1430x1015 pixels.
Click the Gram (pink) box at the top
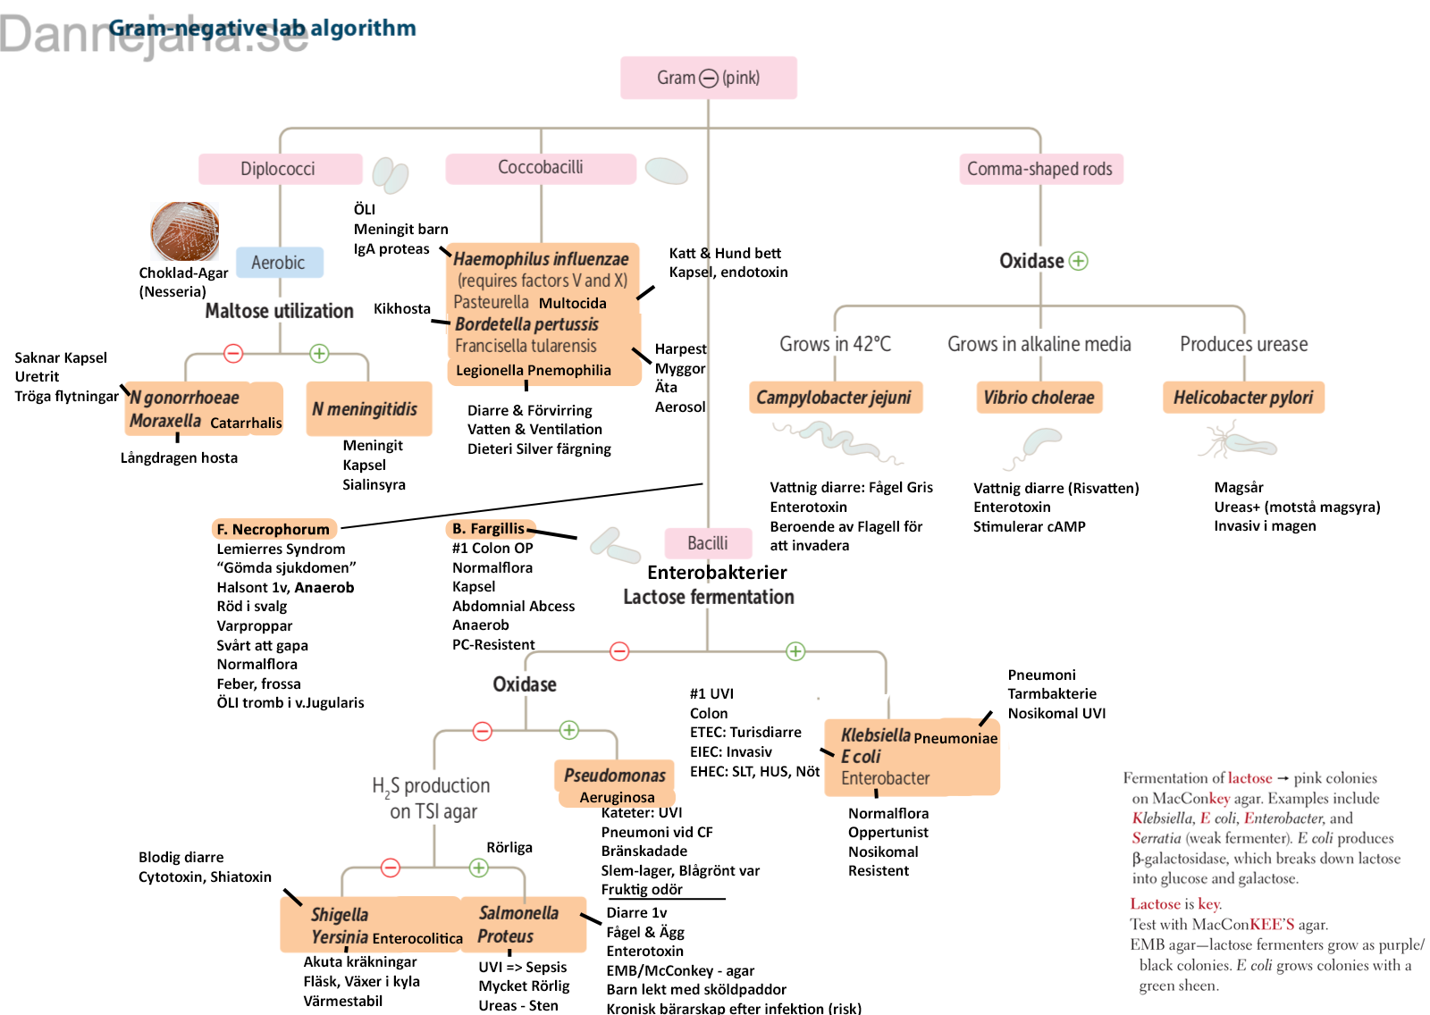point(709,78)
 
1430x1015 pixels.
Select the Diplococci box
point(281,169)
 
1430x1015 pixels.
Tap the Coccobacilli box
point(541,168)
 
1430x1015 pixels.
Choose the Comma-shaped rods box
point(1040,169)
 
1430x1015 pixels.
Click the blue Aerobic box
point(280,263)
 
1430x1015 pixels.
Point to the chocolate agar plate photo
point(184,231)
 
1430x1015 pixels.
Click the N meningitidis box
point(369,409)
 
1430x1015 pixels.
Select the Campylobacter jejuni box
point(836,397)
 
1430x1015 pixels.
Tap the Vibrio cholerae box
point(1039,397)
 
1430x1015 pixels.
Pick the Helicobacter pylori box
point(1243,397)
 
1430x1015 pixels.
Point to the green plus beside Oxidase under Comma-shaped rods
point(1078,261)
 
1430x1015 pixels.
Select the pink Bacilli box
point(708,543)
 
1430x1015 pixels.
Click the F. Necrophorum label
point(273,529)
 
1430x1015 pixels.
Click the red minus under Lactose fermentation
point(619,651)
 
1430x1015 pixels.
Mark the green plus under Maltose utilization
point(319,353)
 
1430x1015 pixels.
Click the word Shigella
point(340,915)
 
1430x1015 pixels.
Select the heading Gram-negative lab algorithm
point(263,28)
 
